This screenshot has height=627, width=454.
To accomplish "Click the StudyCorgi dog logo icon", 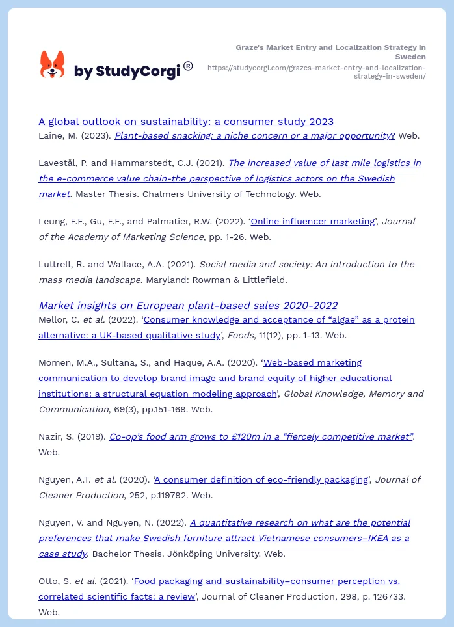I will [53, 64].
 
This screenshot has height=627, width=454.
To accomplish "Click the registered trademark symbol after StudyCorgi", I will [188, 66].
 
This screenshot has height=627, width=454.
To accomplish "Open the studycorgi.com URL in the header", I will [316, 72].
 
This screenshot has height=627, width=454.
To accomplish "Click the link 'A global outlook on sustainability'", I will [186, 121].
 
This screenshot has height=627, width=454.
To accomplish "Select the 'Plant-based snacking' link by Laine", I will [254, 136].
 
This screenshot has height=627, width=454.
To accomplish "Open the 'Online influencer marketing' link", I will [312, 221].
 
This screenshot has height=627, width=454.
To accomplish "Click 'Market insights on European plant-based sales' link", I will [188, 305].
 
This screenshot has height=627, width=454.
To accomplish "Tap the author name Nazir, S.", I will [55, 436].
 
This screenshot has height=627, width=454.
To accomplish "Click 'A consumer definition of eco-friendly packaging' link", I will [261, 479].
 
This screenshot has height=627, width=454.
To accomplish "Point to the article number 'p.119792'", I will [165, 495].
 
